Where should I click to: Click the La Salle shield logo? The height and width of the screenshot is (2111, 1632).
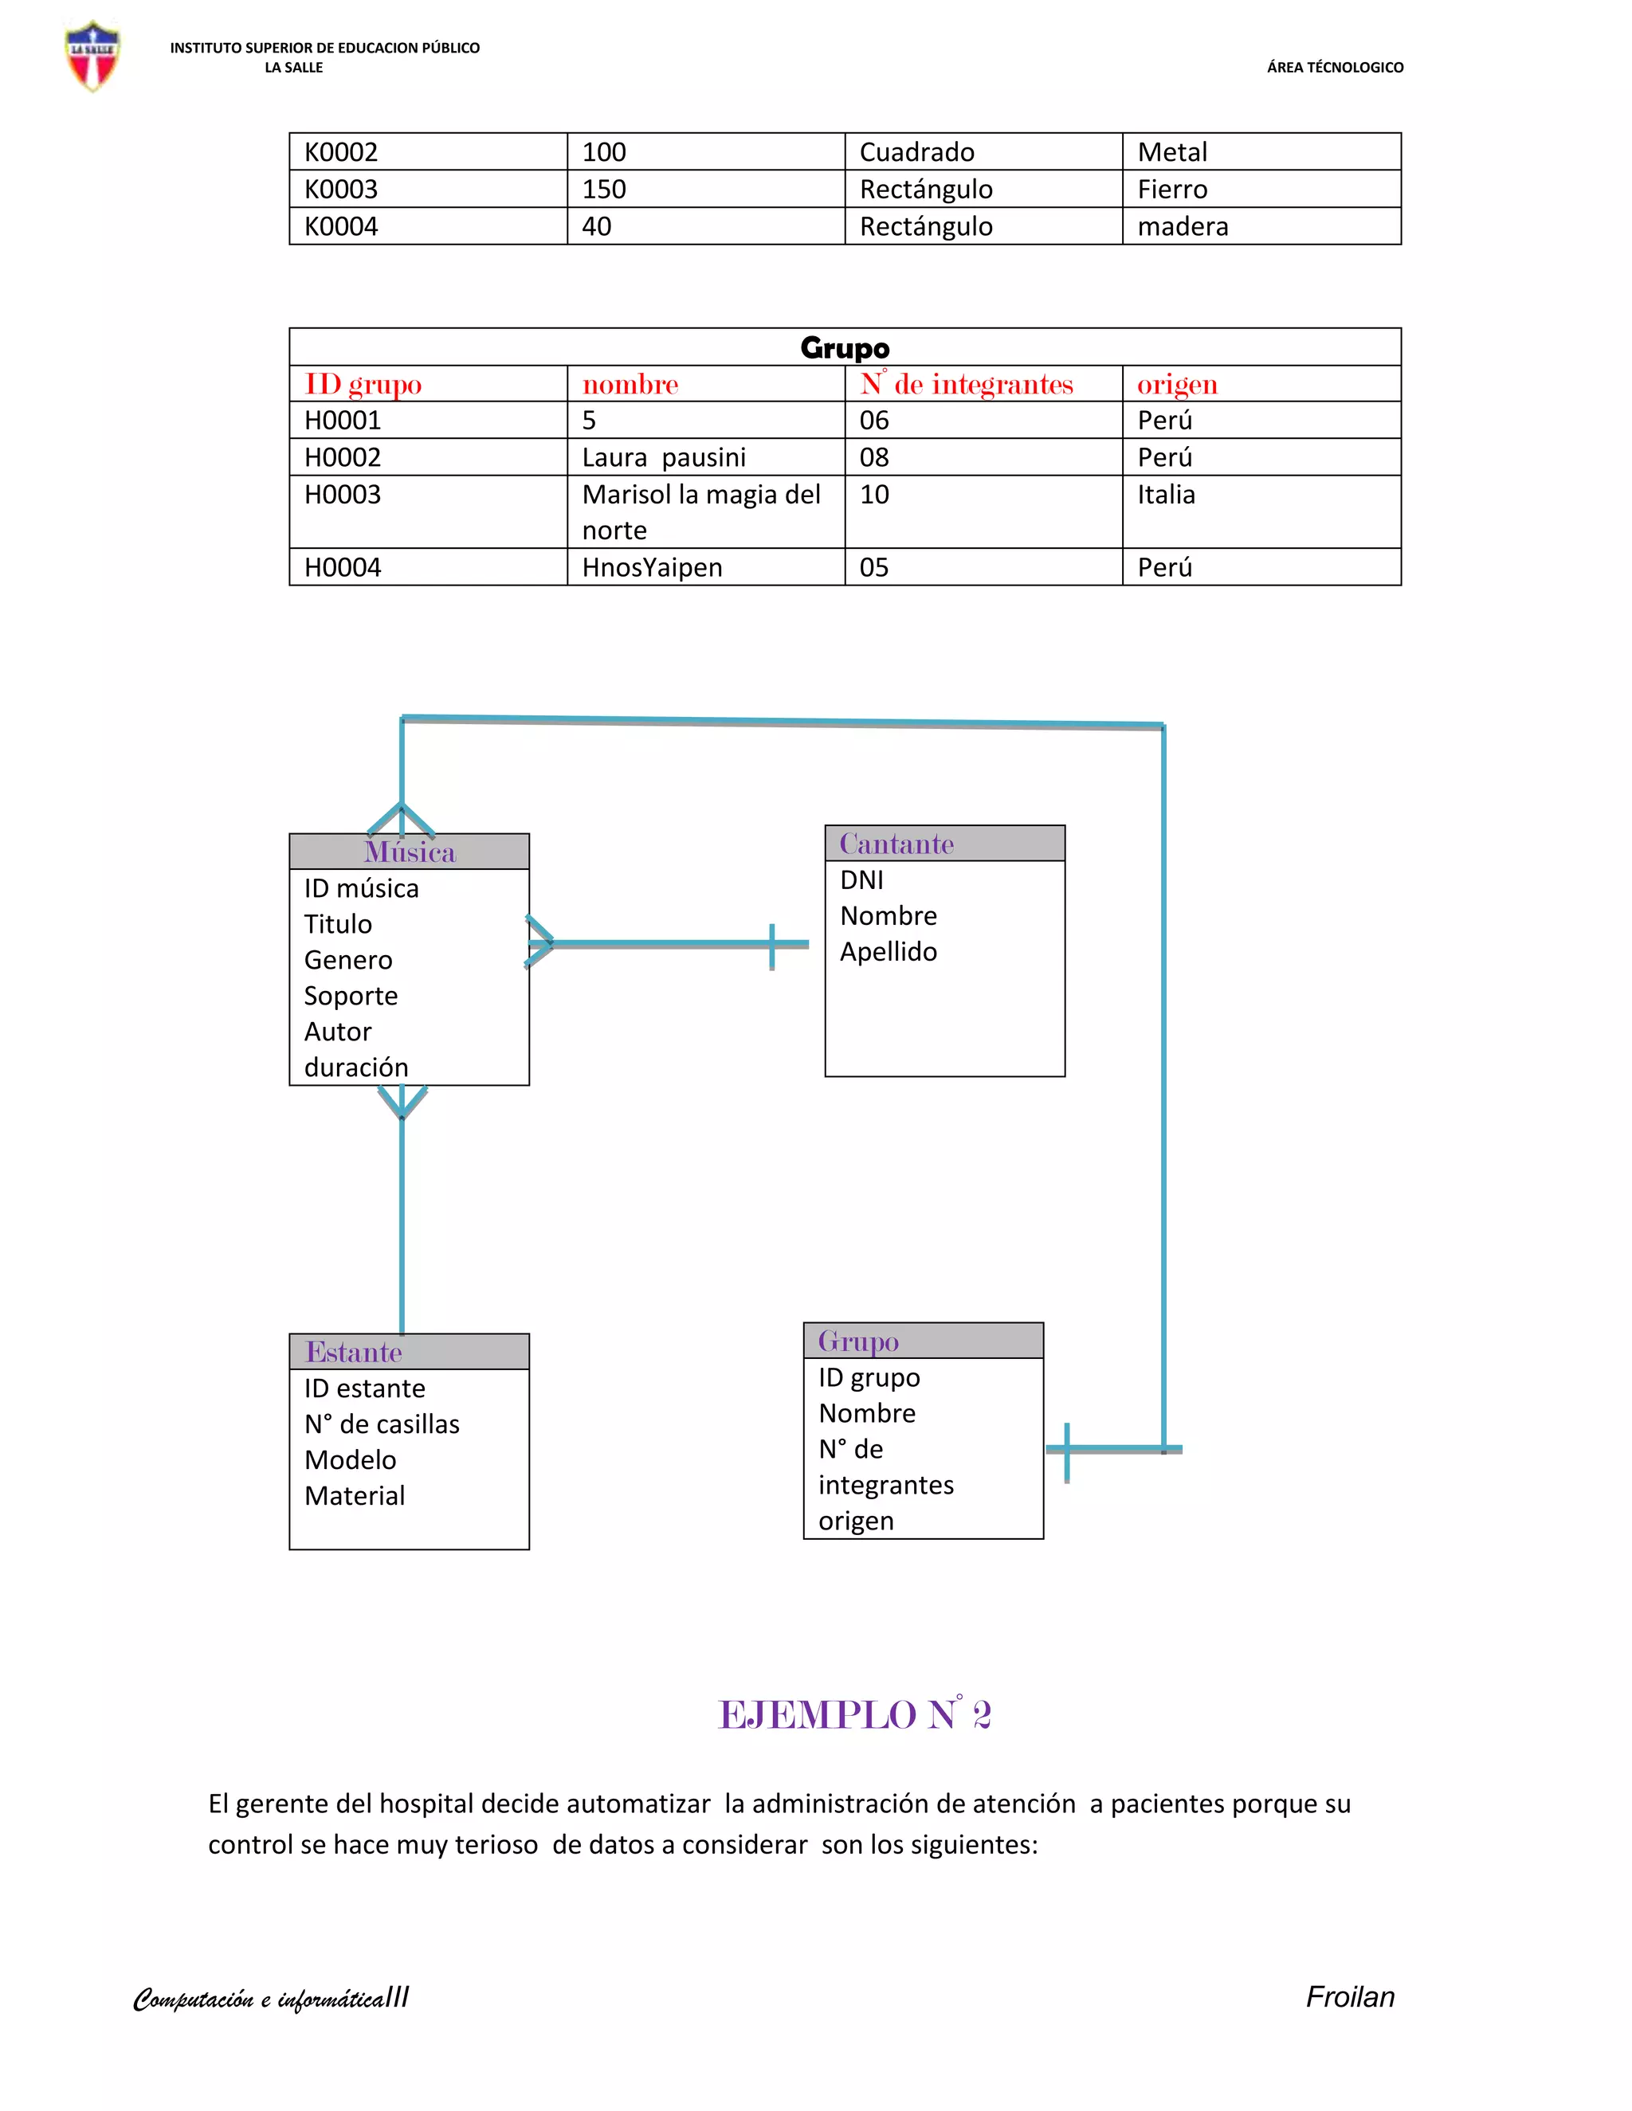[x=92, y=56]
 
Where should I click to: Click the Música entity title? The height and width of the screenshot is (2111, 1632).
[x=409, y=852]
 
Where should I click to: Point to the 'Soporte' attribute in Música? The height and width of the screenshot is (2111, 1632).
[x=351, y=996]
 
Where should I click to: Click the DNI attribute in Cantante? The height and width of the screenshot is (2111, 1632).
[x=861, y=879]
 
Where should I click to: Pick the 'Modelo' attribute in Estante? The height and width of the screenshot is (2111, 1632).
[x=350, y=1459]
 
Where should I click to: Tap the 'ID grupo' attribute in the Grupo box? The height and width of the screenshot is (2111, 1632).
[x=869, y=1377]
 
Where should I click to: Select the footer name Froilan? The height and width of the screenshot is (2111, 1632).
[x=1350, y=1997]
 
